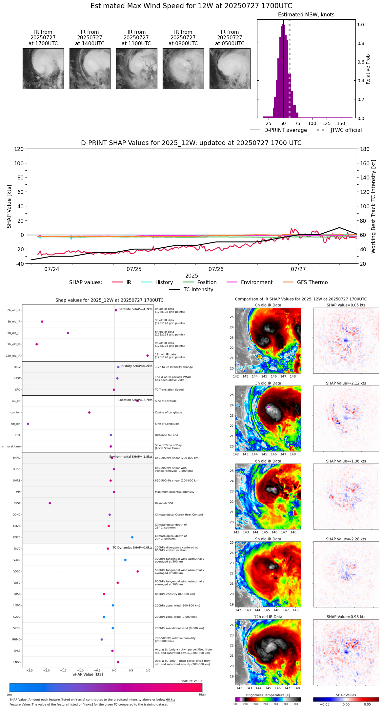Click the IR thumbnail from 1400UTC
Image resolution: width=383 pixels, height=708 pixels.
click(90, 69)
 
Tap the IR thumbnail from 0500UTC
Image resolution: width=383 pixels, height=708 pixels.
click(230, 69)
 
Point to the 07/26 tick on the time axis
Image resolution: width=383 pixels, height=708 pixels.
click(216, 269)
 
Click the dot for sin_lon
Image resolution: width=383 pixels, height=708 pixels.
click(28, 424)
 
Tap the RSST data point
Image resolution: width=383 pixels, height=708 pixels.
click(50, 503)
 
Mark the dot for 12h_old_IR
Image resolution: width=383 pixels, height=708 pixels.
click(148, 356)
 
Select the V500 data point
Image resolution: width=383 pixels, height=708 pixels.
click(138, 572)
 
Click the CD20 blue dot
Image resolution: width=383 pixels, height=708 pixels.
click(132, 537)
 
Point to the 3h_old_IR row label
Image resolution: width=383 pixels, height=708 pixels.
click(14, 322)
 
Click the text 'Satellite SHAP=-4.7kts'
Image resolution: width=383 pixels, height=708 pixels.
click(135, 309)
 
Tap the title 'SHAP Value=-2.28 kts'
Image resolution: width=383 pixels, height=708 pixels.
click(346, 539)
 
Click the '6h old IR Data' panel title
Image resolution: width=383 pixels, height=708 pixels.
click(268, 461)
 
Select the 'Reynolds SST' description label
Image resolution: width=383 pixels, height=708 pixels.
click(164, 503)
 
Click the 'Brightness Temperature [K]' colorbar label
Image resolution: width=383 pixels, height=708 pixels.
click(268, 695)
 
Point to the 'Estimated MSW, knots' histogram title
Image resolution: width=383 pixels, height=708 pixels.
click(306, 15)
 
